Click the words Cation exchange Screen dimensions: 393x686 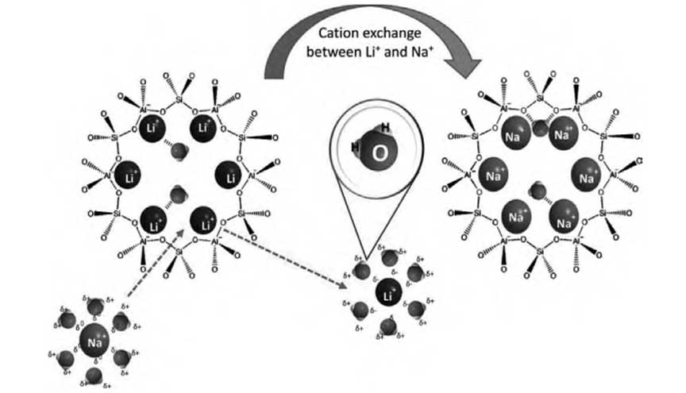(357, 33)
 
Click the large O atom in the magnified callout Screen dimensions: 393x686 (380, 154)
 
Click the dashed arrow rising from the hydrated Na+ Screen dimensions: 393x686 (156, 267)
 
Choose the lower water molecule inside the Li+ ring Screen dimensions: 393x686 (179, 194)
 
